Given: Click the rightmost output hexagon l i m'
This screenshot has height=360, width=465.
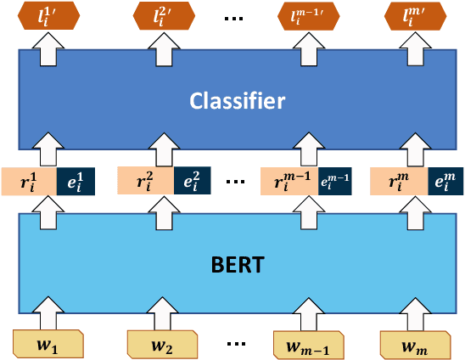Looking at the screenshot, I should click(x=413, y=15).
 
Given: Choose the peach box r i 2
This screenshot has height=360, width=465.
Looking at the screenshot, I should click(x=144, y=181).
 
